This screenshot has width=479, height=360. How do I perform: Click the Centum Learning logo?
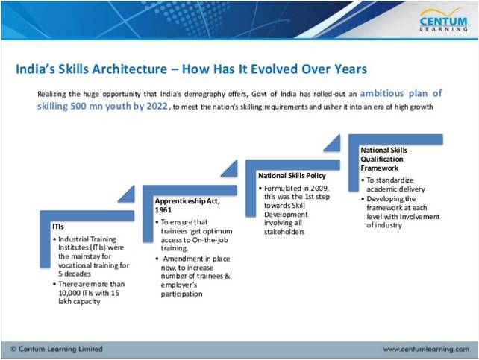tap(444, 19)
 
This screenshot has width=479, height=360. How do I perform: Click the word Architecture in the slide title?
tap(130, 69)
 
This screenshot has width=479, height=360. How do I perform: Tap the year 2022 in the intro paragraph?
tap(157, 106)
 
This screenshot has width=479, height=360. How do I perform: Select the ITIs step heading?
tap(58, 227)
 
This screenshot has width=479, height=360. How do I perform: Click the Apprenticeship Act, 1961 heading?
tap(187, 205)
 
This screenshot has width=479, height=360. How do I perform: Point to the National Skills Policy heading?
tap(292, 176)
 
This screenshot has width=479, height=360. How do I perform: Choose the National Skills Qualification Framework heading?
tap(384, 159)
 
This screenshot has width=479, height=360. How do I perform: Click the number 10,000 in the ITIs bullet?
tap(69, 293)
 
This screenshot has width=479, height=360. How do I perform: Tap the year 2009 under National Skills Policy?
tap(319, 189)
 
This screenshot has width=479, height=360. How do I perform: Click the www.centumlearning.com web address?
tap(426, 349)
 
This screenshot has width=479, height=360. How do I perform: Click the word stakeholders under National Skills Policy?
tap(284, 232)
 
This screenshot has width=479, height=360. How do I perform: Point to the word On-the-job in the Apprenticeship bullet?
tap(210, 240)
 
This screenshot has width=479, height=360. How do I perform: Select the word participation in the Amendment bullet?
tap(182, 294)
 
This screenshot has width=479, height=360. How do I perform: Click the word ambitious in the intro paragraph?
tap(382, 93)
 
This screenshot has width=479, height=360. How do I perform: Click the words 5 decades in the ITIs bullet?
tap(75, 274)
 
